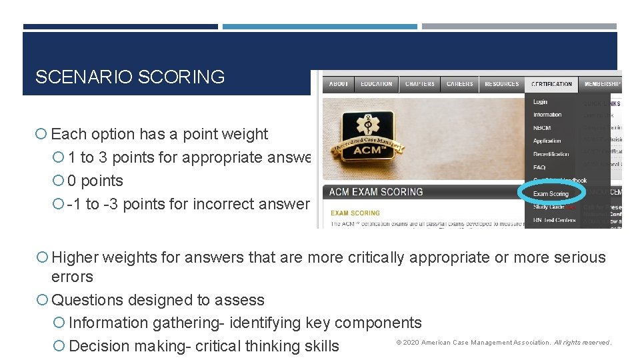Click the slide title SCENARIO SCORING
click(x=130, y=77)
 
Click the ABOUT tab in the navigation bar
click(x=339, y=84)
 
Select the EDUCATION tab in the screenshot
click(x=377, y=84)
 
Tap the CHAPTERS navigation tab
click(x=420, y=84)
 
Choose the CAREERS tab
click(x=460, y=84)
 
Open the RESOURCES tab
click(x=502, y=84)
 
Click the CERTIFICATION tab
click(x=552, y=84)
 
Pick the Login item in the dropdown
click(x=541, y=102)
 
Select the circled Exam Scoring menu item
click(x=551, y=194)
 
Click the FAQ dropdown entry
click(x=539, y=167)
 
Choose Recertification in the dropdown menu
click(x=551, y=154)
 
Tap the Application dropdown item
click(x=547, y=141)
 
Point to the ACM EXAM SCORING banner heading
click(x=377, y=192)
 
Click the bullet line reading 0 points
click(x=95, y=181)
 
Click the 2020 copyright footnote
click(x=503, y=343)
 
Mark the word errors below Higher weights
click(x=72, y=277)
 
